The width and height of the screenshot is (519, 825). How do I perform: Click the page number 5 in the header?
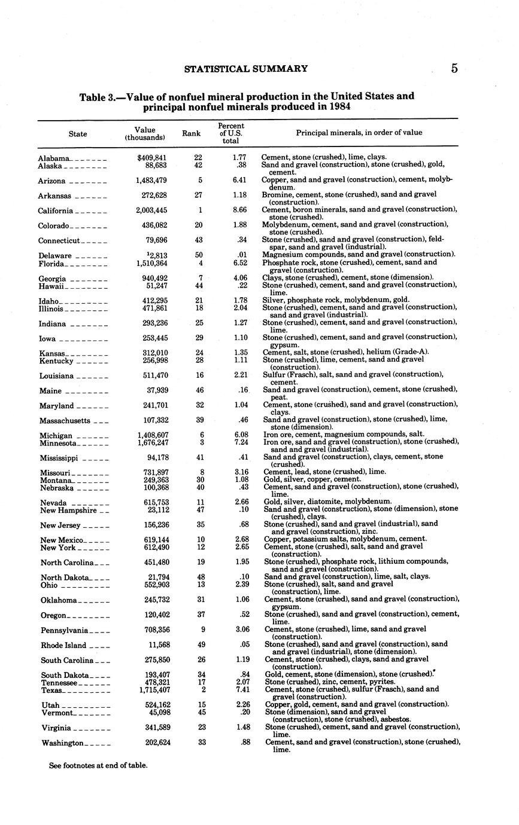coord(454,68)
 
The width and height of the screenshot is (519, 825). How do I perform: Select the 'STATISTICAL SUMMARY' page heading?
coord(246,69)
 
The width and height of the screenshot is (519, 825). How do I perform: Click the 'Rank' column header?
coord(191,133)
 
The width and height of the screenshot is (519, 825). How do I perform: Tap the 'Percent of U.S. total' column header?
coord(230,133)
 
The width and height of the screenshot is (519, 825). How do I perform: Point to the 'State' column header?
coord(78,134)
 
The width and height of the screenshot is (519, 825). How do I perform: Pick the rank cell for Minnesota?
coord(199,442)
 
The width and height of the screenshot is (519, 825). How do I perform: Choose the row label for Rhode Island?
coord(63,646)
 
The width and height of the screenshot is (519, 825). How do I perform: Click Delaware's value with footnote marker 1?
coord(155,256)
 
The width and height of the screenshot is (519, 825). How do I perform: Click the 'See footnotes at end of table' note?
coord(98,765)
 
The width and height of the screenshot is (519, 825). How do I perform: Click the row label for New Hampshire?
coord(68,511)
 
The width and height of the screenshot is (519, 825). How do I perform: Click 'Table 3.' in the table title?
coord(97,97)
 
